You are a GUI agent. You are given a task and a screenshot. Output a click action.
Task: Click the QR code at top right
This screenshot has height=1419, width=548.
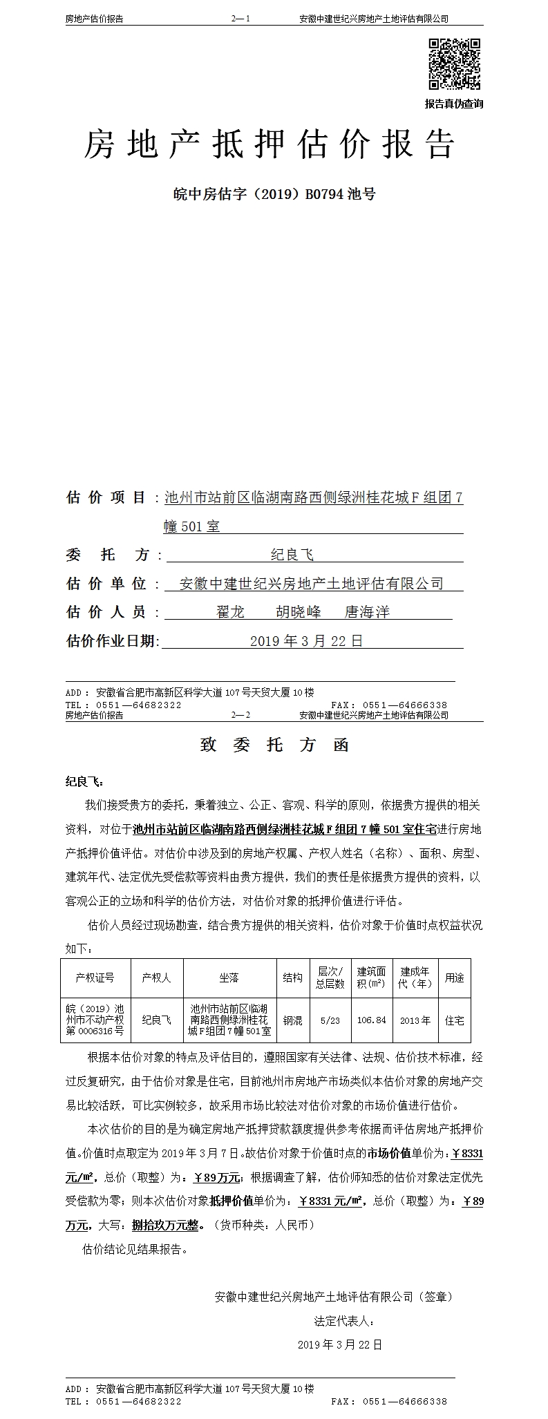click(x=455, y=64)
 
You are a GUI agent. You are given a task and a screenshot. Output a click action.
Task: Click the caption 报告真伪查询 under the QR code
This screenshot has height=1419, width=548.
click(x=454, y=104)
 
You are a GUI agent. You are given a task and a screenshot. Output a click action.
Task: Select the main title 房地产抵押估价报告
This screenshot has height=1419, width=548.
click(x=270, y=144)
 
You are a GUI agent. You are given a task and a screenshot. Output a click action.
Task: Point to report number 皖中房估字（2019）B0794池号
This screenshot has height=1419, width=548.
click(x=274, y=194)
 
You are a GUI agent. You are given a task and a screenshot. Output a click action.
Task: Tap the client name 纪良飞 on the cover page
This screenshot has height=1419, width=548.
click(x=292, y=555)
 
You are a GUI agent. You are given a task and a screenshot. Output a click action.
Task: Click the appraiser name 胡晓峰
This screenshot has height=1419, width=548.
click(x=299, y=612)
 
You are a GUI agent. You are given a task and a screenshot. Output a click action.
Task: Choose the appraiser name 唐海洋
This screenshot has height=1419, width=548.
click(x=368, y=612)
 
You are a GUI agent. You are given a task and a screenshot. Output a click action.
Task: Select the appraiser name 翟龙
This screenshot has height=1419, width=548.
click(x=231, y=612)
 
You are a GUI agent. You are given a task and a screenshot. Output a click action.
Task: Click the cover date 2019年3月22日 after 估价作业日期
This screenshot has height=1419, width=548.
click(x=306, y=641)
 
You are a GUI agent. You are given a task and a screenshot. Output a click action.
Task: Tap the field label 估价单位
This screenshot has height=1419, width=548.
click(x=106, y=584)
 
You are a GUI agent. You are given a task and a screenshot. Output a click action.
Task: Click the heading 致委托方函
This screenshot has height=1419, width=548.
click(x=274, y=745)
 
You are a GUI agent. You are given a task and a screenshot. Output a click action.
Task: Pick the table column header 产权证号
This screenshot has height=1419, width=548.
click(x=95, y=978)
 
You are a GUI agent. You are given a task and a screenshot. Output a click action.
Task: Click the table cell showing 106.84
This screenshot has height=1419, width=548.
click(x=372, y=1020)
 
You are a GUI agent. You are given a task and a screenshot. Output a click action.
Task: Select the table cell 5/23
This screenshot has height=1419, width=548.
click(x=330, y=1020)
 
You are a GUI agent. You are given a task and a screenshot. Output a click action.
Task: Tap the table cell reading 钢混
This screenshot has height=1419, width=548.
click(x=292, y=1020)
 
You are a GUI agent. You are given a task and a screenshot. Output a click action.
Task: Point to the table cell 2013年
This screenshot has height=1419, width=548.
click(x=415, y=1020)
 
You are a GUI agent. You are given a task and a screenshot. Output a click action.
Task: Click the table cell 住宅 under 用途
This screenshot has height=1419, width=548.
click(x=455, y=1020)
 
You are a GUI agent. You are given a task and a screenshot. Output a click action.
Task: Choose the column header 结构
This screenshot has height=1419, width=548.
click(x=292, y=978)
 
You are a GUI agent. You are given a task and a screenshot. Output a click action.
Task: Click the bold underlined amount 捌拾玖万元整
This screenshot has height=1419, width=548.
click(x=168, y=1225)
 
